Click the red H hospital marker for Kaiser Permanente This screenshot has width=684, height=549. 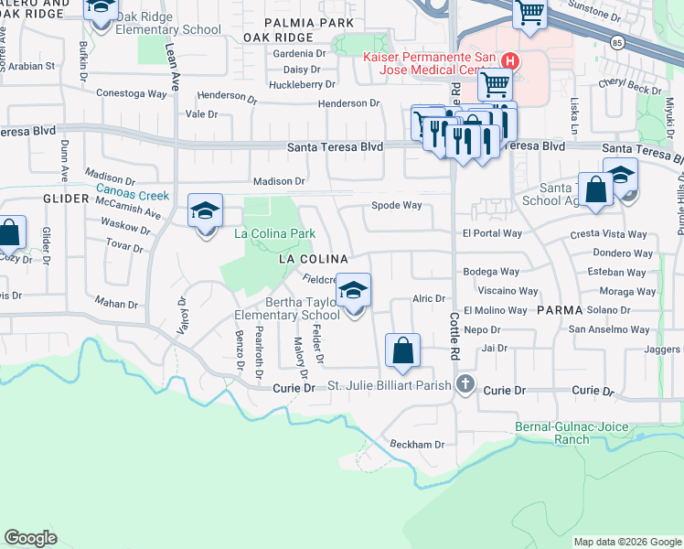[511, 61]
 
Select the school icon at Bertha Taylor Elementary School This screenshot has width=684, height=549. [354, 291]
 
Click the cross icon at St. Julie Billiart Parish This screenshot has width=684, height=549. [465, 385]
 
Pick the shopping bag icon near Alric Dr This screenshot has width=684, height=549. [403, 350]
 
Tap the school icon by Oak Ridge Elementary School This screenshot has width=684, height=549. [100, 8]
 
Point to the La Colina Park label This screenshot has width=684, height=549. [275, 233]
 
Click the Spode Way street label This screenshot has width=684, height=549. [396, 205]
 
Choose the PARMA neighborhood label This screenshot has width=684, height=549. [560, 310]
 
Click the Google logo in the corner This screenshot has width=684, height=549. [30, 538]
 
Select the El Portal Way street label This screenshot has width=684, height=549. [492, 233]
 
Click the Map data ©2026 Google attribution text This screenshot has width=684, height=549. [626, 542]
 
